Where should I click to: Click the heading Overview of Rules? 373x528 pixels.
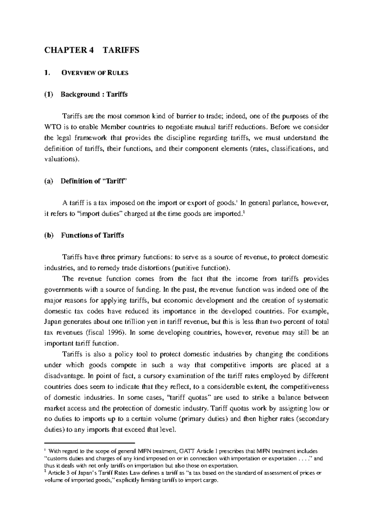[94, 73]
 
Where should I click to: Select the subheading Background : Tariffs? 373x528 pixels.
[94, 95]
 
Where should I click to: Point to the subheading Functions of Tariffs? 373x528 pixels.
[92, 235]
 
